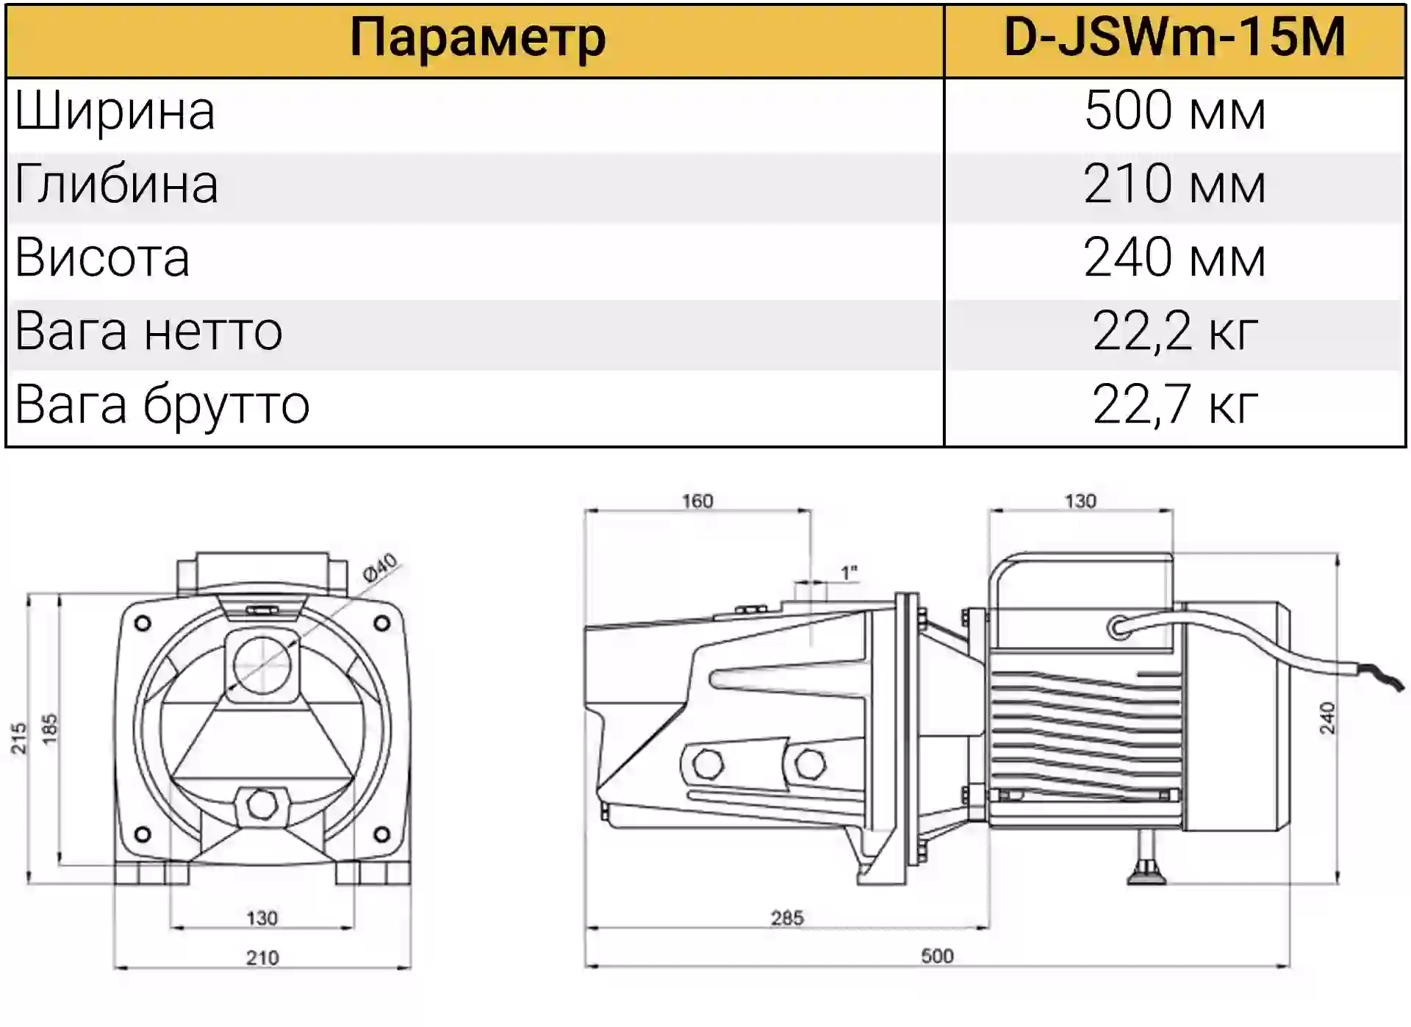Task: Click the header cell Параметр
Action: coord(478,38)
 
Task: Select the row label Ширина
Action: coord(115,112)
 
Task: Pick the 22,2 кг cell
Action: coord(1174,332)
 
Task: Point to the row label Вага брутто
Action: coord(162,406)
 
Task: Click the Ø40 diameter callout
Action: coord(380,568)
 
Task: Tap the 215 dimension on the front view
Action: coord(18,737)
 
